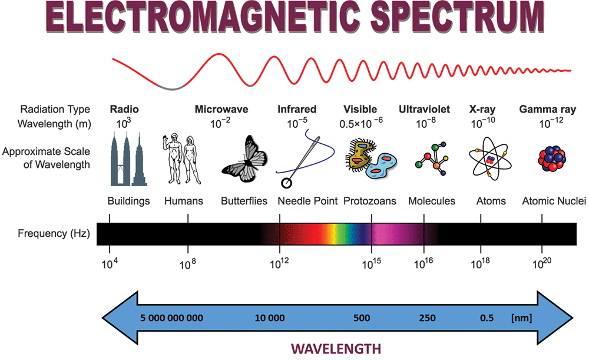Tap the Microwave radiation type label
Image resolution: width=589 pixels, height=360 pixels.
[x=221, y=110]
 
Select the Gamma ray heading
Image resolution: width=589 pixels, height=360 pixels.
[x=547, y=110]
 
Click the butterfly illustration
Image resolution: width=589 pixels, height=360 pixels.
[x=244, y=159]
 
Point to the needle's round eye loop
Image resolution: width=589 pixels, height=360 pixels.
[x=286, y=183]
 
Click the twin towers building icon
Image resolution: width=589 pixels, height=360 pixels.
[x=128, y=159]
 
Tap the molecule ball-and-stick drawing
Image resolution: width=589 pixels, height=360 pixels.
[x=432, y=158]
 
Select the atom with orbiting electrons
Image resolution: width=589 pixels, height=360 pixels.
[x=490, y=158]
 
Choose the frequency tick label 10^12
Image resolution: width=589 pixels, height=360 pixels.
[x=279, y=263]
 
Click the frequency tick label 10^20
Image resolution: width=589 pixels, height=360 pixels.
[x=542, y=263]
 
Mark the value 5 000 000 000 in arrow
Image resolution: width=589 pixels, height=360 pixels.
[x=171, y=318]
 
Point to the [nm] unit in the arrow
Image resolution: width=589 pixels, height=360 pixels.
[x=521, y=318]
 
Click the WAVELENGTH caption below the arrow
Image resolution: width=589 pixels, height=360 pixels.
[x=336, y=349]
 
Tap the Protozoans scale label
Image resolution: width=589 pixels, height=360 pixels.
[x=370, y=201]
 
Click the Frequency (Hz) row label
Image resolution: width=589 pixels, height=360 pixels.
[x=54, y=234]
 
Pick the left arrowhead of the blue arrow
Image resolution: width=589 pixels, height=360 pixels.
[x=120, y=318]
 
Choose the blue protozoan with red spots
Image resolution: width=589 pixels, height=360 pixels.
[x=381, y=166]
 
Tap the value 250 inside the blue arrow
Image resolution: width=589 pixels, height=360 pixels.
[x=428, y=318]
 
